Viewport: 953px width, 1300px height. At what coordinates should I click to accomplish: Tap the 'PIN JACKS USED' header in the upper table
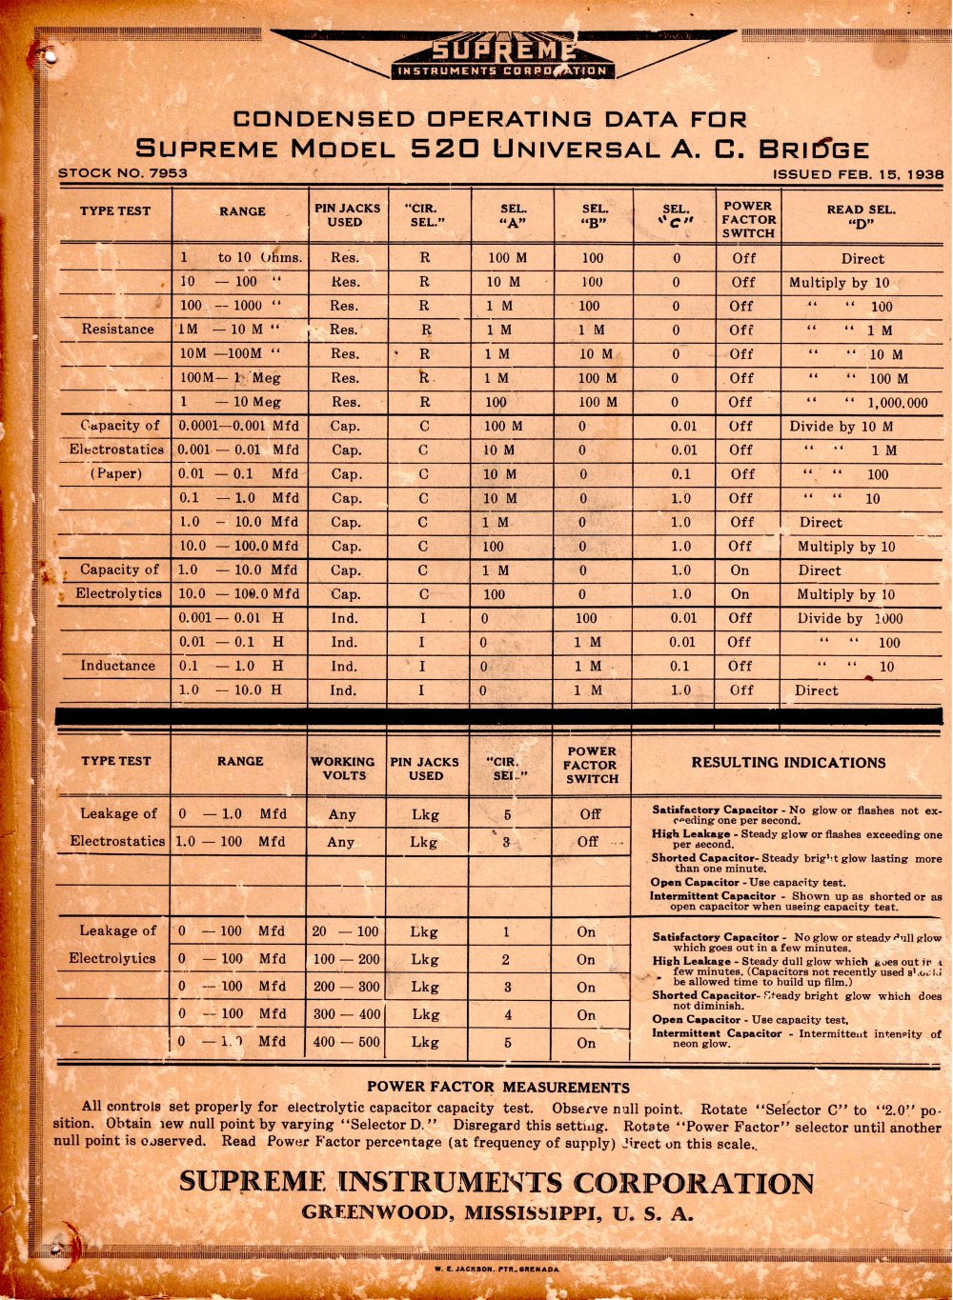tap(347, 215)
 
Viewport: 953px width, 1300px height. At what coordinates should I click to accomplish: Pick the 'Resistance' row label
tap(117, 330)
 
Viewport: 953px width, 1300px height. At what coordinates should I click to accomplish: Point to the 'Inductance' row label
tap(117, 666)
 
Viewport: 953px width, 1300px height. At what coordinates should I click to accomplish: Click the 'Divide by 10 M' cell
tap(841, 427)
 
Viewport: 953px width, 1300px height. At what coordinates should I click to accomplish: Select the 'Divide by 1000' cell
tap(849, 618)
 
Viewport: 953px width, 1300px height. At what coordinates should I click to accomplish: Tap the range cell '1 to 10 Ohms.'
tap(241, 258)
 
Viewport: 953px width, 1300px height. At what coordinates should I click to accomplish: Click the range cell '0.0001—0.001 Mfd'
tap(238, 426)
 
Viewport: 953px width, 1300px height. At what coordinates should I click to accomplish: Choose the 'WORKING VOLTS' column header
tap(343, 769)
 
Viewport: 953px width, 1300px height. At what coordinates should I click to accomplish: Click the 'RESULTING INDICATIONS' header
tap(788, 763)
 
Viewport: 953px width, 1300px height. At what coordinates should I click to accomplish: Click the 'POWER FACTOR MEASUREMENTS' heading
tap(497, 1087)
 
